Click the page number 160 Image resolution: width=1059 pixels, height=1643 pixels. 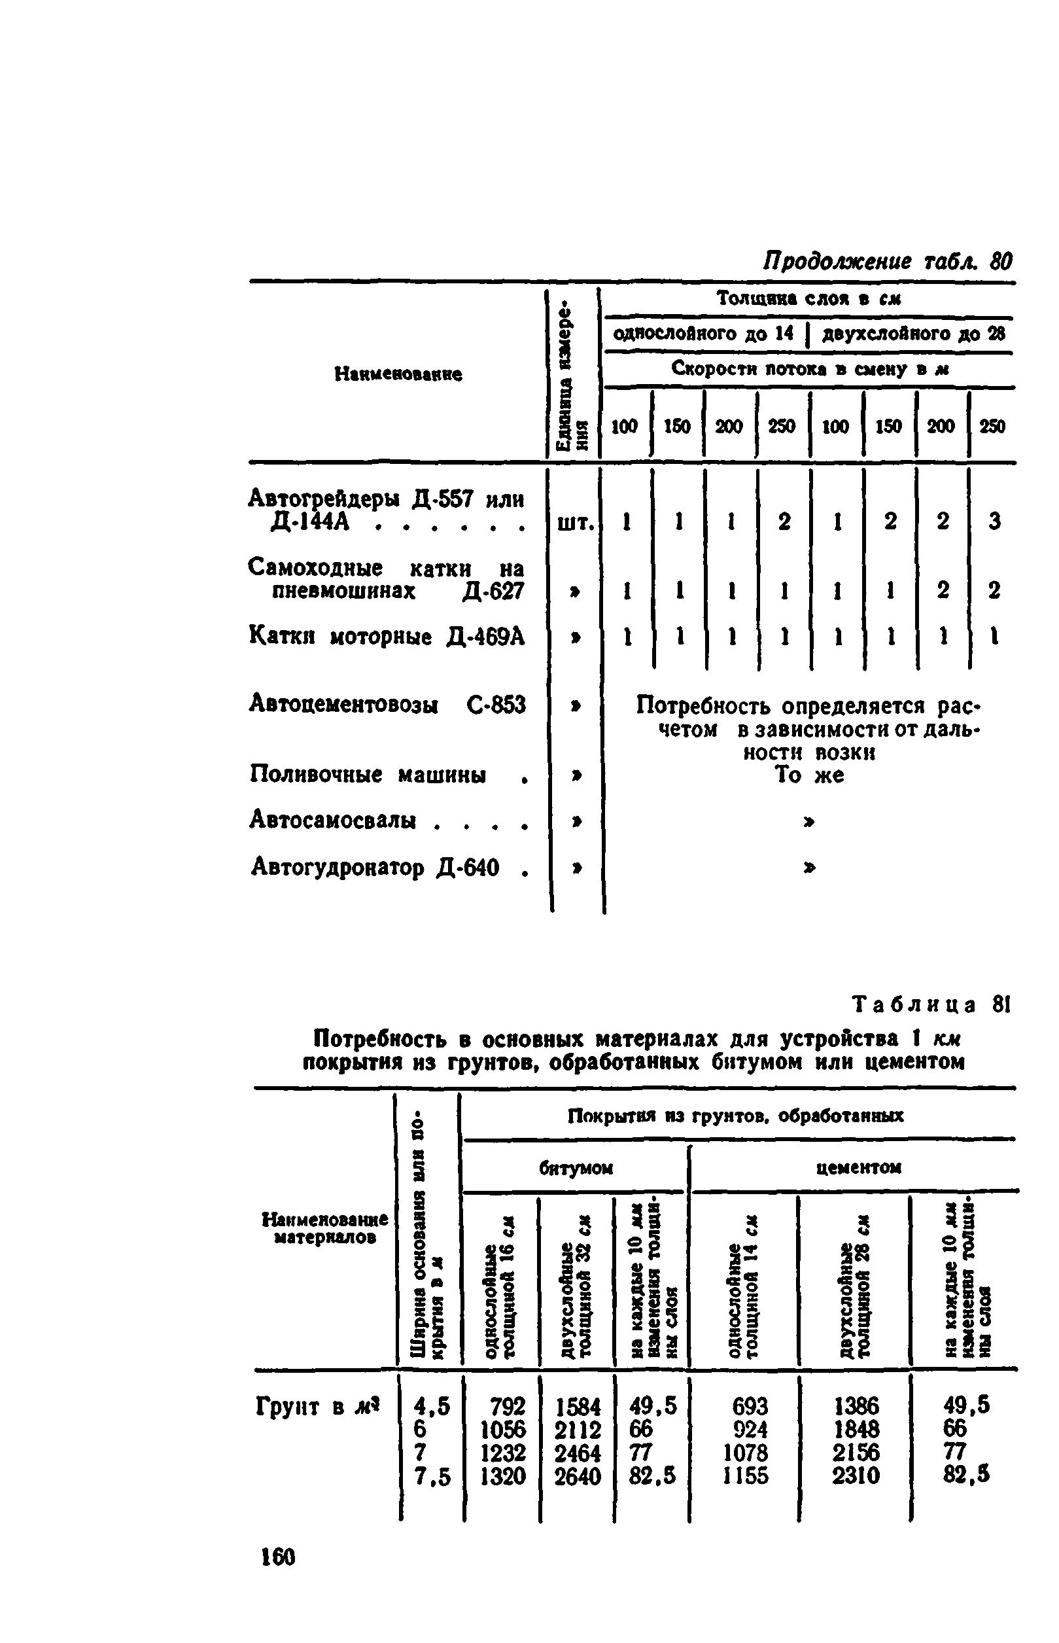click(278, 1557)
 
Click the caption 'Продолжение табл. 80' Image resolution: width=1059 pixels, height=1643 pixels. click(888, 261)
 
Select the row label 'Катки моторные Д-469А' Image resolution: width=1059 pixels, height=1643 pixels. click(387, 637)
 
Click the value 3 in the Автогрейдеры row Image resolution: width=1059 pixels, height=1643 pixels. click(994, 521)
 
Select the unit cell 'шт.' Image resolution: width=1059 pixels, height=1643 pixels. click(575, 523)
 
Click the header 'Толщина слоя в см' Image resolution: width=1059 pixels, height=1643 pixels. click(808, 298)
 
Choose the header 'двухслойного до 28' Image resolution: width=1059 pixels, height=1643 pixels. click(914, 334)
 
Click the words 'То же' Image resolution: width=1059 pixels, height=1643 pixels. click(809, 775)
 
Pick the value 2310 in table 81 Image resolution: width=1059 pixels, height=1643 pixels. click(856, 1476)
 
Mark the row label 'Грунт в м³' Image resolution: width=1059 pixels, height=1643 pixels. click(318, 1406)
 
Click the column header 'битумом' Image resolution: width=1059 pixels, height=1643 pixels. click(576, 1169)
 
